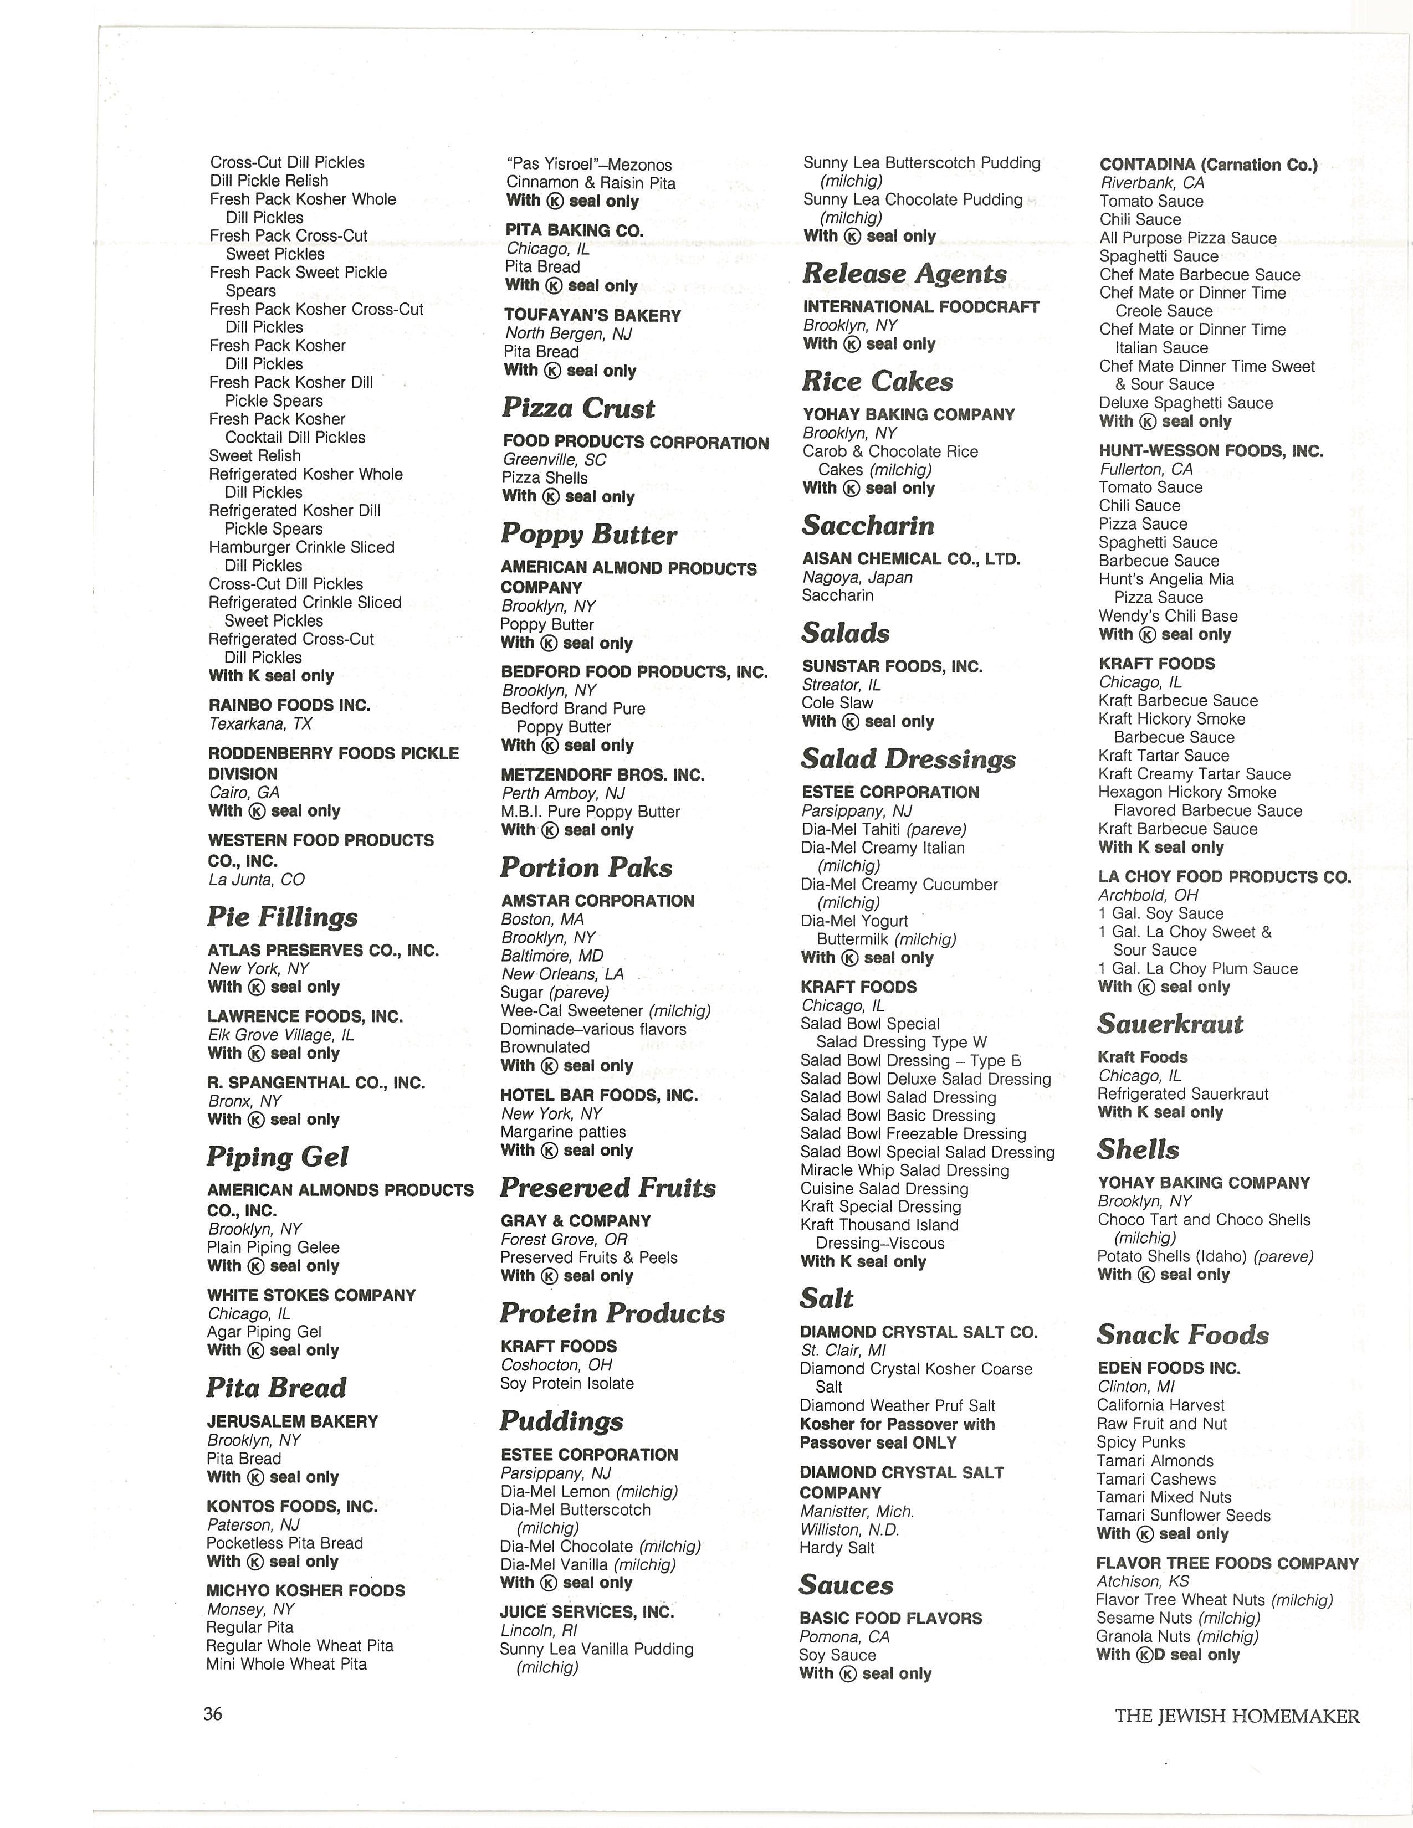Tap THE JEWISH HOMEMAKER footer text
tap(1236, 1717)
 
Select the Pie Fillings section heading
tap(282, 917)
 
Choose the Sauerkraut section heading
tap(1170, 1024)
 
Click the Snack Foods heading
tap(1183, 1335)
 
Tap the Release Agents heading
tap(904, 274)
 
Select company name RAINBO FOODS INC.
tap(289, 706)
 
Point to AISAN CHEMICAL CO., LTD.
tap(911, 559)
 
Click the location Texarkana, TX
tap(259, 724)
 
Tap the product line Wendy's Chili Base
tap(1168, 616)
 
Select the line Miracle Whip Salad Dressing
tap(904, 1170)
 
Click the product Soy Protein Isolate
tap(567, 1384)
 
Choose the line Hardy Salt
tap(836, 1548)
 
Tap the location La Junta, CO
tap(256, 880)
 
